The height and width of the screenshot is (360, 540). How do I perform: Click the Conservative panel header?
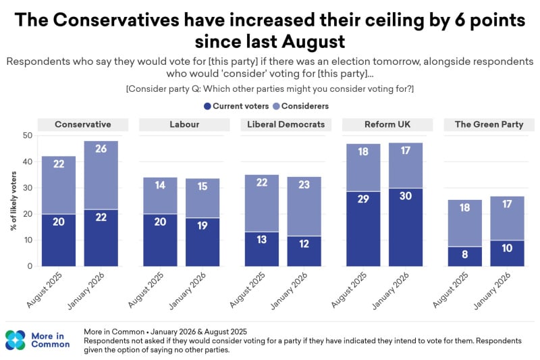[x=83, y=124]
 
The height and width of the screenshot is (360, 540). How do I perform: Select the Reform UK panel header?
[x=387, y=124]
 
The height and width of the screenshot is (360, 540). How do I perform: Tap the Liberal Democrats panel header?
[x=286, y=124]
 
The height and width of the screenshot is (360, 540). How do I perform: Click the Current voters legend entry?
[x=236, y=106]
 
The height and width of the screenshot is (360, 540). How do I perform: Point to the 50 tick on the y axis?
[x=28, y=136]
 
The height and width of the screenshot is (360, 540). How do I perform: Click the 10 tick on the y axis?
[x=28, y=240]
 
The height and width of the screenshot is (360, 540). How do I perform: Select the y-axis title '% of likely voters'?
[x=13, y=201]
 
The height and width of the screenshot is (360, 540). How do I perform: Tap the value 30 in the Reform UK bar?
[x=406, y=197]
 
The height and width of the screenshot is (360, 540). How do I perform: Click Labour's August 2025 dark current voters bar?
[x=160, y=240]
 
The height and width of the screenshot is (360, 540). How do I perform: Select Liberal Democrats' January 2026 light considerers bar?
[x=304, y=206]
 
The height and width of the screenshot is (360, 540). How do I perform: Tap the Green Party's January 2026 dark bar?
[x=507, y=253]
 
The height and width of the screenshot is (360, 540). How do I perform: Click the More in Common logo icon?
[x=16, y=340]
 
